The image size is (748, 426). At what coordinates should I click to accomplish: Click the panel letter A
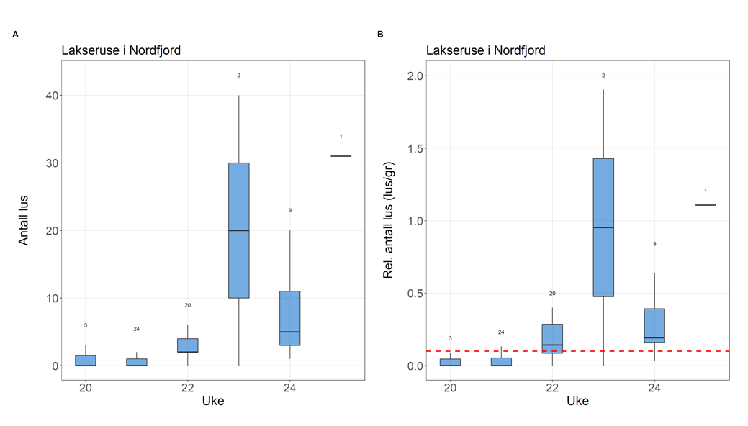click(x=16, y=34)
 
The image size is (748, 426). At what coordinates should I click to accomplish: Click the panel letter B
click(x=380, y=34)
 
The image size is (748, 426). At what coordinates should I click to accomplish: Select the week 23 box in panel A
click(x=238, y=230)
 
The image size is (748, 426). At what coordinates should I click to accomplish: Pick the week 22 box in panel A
click(x=187, y=345)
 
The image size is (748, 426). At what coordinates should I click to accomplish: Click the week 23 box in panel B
click(x=603, y=227)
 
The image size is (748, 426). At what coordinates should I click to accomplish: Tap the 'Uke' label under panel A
click(x=213, y=401)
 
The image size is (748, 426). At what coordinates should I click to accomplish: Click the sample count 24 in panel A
click(x=136, y=329)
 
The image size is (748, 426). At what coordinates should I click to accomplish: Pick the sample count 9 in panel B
click(x=654, y=244)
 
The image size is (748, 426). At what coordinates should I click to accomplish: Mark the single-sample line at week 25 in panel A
click(x=341, y=155)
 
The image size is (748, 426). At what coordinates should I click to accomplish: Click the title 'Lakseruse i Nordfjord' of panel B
click(x=485, y=50)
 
